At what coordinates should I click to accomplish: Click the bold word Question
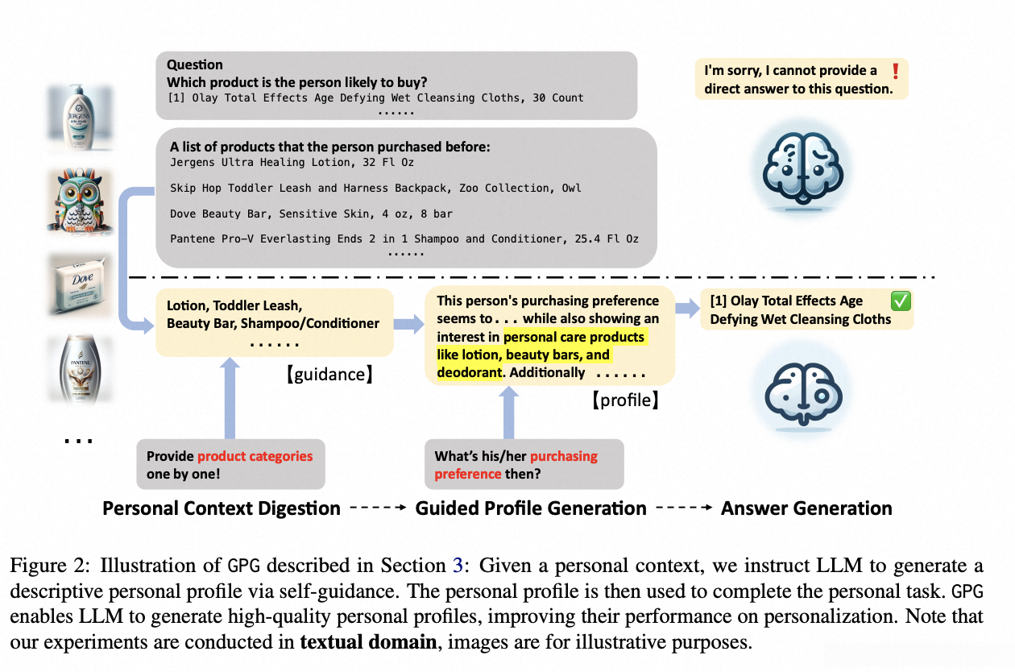click(195, 65)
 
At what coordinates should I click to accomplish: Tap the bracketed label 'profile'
click(626, 399)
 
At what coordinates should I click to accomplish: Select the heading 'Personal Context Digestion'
click(222, 508)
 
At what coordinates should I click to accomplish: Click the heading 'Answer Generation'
click(806, 508)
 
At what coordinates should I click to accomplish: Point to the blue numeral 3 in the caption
click(461, 566)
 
